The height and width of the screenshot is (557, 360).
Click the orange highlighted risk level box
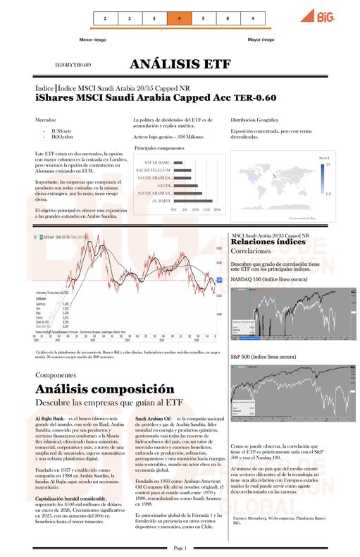tap(179, 18)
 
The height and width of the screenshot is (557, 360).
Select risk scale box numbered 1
tap(105, 18)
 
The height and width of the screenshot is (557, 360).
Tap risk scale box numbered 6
tap(228, 18)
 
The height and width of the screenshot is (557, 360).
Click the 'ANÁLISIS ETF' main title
tap(180, 64)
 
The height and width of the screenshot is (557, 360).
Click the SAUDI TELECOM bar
tap(180, 171)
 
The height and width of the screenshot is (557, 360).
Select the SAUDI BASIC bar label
tap(155, 163)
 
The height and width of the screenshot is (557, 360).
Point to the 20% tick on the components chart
tap(218, 209)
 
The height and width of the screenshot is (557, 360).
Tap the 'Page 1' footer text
tap(179, 548)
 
